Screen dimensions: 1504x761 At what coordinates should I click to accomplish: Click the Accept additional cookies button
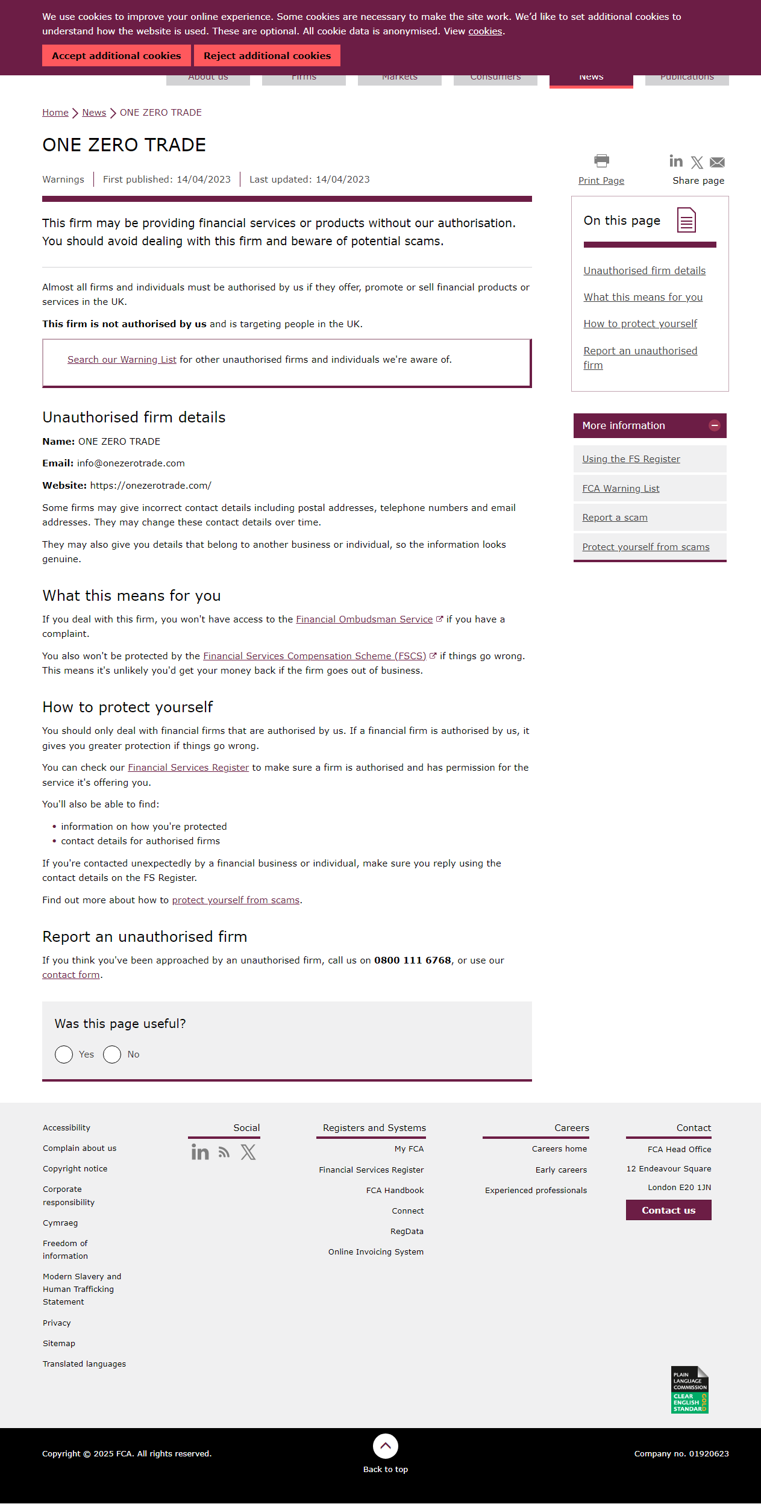tap(116, 55)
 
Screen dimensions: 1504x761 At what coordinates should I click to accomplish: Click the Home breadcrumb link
tap(55, 113)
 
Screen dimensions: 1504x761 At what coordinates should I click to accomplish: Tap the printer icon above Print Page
tap(601, 161)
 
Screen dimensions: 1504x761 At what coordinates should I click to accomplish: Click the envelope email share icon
tap(717, 162)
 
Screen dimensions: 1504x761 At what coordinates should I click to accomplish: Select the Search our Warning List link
tap(122, 360)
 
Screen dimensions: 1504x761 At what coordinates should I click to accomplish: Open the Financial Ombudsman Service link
tap(364, 619)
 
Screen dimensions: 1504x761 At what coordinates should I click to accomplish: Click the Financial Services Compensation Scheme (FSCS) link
tap(315, 656)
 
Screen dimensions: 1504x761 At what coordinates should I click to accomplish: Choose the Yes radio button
tap(64, 1054)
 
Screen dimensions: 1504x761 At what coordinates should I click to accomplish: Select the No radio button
tap(112, 1054)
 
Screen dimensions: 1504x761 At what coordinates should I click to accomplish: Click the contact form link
tap(71, 975)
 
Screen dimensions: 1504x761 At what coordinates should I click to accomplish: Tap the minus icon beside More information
tap(715, 425)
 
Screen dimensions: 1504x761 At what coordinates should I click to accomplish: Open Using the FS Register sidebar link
tap(631, 459)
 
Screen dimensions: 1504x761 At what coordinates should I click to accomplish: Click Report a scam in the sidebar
tap(615, 518)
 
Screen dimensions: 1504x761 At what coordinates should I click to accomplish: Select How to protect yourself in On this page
tap(640, 324)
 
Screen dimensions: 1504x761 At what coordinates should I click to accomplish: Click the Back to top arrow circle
tap(386, 1446)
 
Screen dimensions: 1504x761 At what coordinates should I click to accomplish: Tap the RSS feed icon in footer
tap(224, 1153)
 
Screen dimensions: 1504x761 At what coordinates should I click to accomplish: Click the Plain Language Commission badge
tap(689, 1390)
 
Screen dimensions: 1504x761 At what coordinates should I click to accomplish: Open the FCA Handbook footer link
tap(395, 1191)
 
